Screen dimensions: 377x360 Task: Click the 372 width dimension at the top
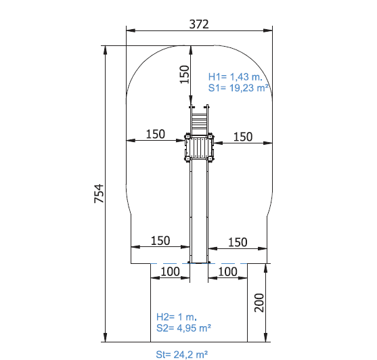(199, 24)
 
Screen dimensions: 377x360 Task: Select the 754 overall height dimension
(99, 194)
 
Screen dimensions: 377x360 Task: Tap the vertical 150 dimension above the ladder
(185, 74)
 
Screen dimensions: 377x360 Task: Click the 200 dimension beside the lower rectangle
(259, 302)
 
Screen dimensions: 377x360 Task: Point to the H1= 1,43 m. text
(235, 77)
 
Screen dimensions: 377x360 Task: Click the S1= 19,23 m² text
(238, 88)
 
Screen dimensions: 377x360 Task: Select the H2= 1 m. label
(177, 317)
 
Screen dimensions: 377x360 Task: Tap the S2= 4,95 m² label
(183, 328)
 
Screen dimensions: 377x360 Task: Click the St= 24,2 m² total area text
(182, 355)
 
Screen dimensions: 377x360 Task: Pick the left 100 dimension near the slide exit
(171, 271)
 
